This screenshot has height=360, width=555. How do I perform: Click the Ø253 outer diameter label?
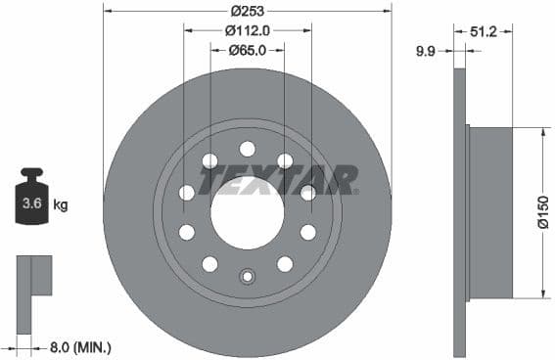click(x=248, y=11)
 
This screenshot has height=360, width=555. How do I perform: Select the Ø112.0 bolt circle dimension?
click(x=248, y=29)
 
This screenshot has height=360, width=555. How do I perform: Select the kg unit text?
click(x=61, y=205)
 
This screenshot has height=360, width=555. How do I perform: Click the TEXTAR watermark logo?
click(x=279, y=179)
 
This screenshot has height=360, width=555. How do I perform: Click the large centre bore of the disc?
click(x=247, y=212)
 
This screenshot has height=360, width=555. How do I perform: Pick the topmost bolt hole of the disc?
click(x=247, y=149)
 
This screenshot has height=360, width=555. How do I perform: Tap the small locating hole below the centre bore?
click(x=247, y=277)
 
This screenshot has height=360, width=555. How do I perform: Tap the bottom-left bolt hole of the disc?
click(x=209, y=264)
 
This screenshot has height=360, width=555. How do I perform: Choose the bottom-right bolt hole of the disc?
click(x=285, y=264)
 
